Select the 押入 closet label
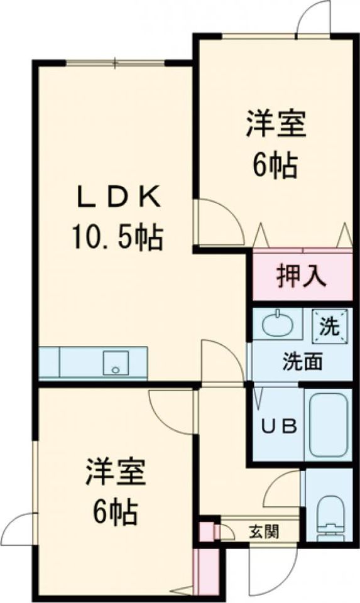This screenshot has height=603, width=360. pos(302,275)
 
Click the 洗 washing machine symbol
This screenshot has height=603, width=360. pos(330,326)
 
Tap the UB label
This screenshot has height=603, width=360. pos(279,426)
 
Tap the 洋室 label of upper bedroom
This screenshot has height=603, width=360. pos(276,124)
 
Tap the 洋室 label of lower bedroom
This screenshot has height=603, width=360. pos(116,471)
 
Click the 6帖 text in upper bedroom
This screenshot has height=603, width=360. pos(275,165)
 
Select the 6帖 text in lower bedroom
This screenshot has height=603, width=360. pos(114,513)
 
